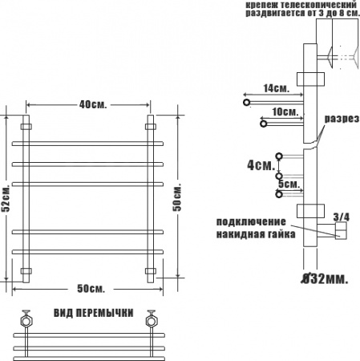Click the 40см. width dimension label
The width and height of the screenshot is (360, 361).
point(93,104)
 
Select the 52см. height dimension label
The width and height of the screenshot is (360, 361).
point(6,197)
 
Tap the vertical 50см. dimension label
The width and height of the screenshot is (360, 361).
point(176,197)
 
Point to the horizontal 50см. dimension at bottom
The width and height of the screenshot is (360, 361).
point(91,289)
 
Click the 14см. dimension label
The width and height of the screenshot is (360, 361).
point(277,88)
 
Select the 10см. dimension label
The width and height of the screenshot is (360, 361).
point(285,112)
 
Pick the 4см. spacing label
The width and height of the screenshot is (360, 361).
point(261,165)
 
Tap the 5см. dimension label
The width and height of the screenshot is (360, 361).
point(289,184)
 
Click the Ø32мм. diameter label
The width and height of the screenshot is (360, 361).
point(325,279)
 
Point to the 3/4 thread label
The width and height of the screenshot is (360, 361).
point(342,217)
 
